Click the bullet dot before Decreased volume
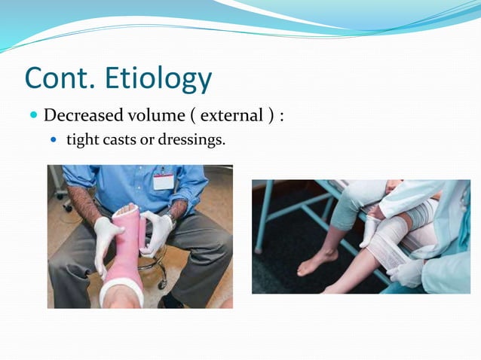click(33, 116)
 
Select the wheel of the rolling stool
click(162, 284)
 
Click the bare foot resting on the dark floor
click(314, 262)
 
